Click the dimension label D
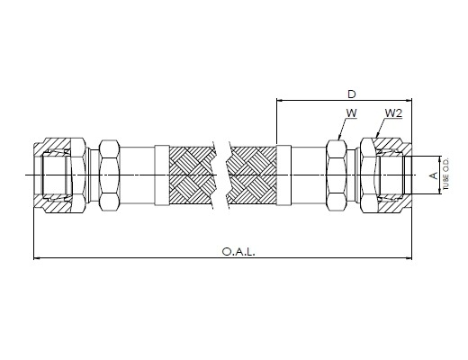(351, 94)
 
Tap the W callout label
(351, 113)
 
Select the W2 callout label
(393, 113)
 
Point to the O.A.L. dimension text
(238, 251)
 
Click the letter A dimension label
(434, 175)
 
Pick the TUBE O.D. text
(445, 175)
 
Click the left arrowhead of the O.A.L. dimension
(37, 257)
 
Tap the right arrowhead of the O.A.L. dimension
(409, 257)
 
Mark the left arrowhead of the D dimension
(280, 100)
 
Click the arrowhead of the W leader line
(339, 137)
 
